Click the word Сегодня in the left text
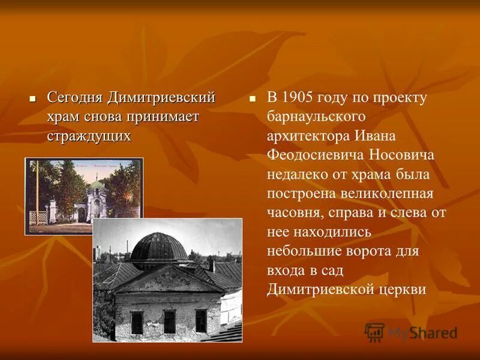point(76,97)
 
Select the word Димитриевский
point(162,97)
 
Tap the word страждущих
point(89,136)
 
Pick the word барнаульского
point(316,117)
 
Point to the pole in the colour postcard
point(37,192)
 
